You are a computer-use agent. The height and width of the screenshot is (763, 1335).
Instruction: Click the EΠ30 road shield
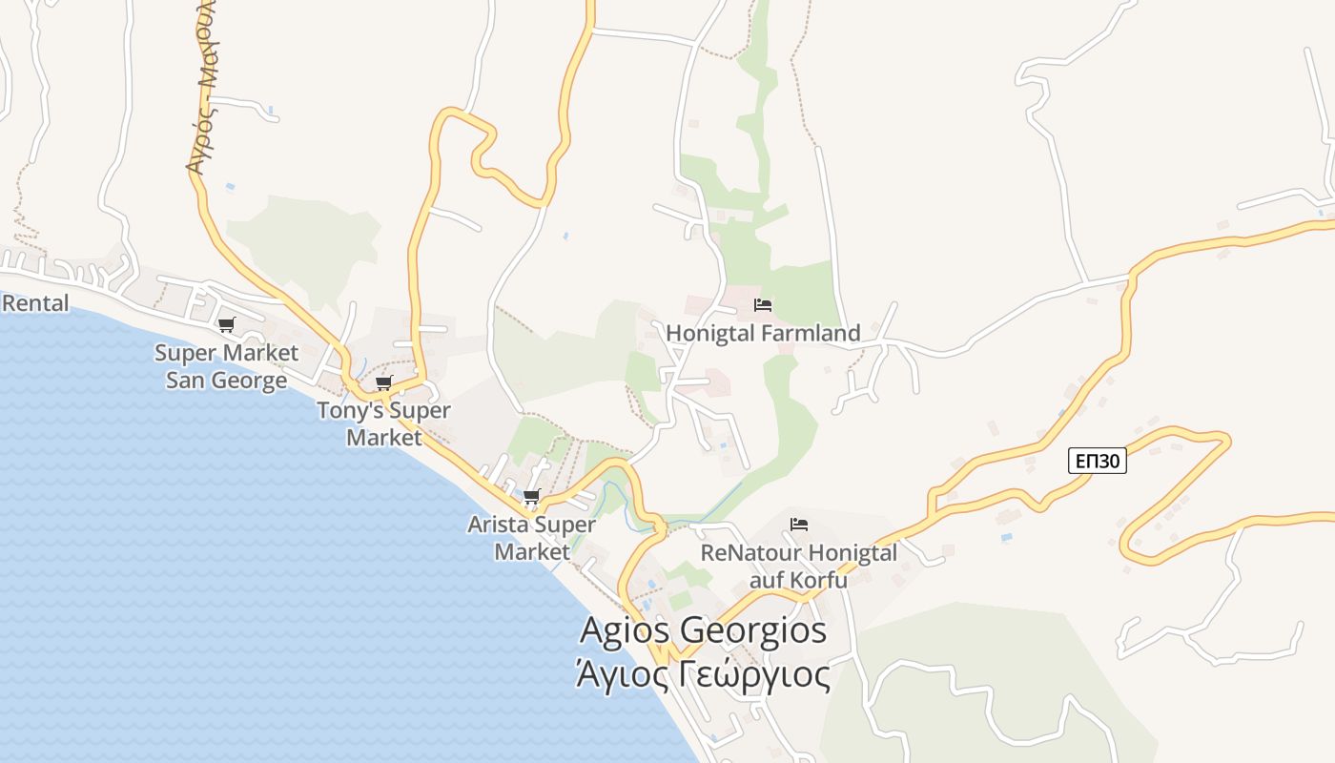[x=1097, y=462]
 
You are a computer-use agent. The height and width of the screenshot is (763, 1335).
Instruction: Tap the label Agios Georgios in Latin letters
[x=703, y=630]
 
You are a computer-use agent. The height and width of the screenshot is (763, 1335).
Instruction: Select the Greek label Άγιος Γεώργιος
[x=703, y=674]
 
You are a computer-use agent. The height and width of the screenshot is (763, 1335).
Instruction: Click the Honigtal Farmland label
[x=763, y=333]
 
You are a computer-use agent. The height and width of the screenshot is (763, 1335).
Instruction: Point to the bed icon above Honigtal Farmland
[x=763, y=305]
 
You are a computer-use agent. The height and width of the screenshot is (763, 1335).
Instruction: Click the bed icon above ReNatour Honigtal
[x=799, y=525]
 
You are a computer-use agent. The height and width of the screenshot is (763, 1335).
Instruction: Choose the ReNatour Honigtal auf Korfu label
[x=799, y=566]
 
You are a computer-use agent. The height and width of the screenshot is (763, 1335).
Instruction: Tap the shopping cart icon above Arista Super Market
[x=532, y=496]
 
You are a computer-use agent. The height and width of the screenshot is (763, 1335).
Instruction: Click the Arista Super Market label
[x=531, y=538]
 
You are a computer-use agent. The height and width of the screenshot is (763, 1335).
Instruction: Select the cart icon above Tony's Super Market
[x=383, y=382]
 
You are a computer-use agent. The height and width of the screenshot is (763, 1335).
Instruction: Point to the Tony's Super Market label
[x=383, y=424]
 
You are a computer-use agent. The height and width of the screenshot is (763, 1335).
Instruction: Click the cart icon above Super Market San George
[x=226, y=324]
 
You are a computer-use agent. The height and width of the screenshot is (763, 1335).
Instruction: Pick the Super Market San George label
[x=226, y=366]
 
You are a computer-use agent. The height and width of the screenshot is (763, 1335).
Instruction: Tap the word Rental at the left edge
[x=36, y=303]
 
